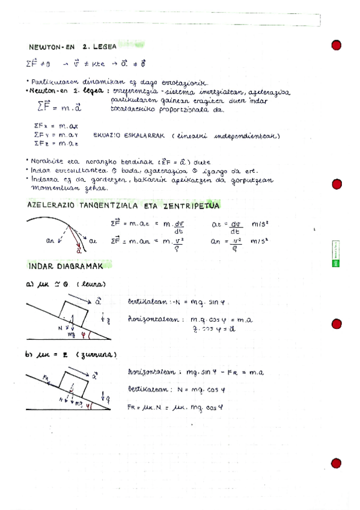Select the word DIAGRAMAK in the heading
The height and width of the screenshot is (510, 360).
click(x=78, y=266)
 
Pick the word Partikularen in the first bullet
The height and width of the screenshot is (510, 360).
click(x=52, y=82)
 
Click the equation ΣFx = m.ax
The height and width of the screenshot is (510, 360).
click(x=56, y=126)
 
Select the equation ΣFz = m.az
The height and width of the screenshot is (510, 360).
click(x=56, y=144)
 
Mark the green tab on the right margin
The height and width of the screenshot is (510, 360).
click(x=337, y=254)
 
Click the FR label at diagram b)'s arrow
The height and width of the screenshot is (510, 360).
click(x=47, y=376)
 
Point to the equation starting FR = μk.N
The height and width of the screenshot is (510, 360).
click(x=175, y=407)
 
